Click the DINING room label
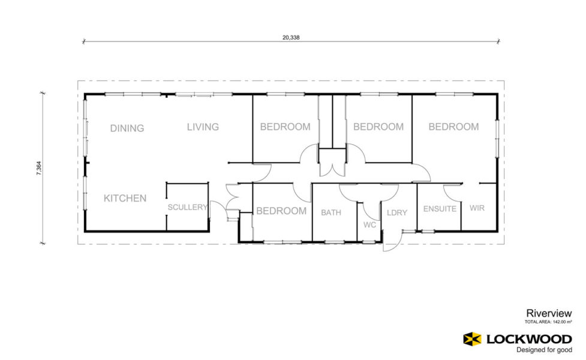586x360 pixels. (127, 128)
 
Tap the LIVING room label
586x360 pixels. (203, 127)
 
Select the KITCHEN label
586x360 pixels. (125, 198)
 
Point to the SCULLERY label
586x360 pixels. (187, 207)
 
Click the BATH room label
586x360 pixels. (331, 213)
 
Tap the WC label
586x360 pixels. (369, 225)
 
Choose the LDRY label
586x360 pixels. (397, 213)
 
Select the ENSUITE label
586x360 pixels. (440, 209)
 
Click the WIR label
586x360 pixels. (477, 208)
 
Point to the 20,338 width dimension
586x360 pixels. (291, 37)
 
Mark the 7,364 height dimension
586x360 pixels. (39, 168)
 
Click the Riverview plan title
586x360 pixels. (549, 313)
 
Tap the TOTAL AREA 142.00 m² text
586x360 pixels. (548, 322)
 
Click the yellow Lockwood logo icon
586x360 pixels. (473, 339)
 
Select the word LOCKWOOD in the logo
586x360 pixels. (529, 340)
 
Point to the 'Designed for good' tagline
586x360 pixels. (544, 350)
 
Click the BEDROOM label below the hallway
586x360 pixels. (281, 211)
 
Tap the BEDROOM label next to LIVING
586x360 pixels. (285, 127)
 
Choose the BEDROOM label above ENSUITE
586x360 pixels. (453, 127)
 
